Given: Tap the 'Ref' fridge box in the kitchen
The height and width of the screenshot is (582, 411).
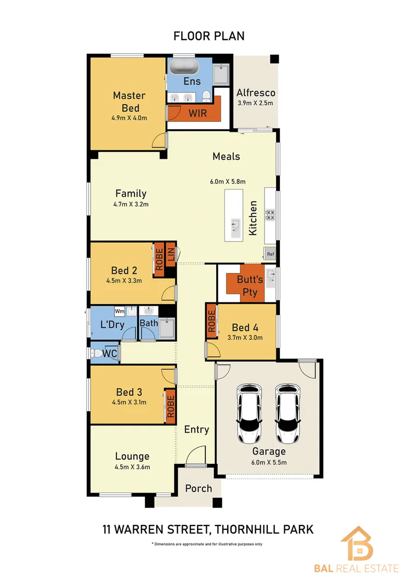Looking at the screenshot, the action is (270, 254).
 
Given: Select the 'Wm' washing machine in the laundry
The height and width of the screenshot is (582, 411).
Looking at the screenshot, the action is (120, 311).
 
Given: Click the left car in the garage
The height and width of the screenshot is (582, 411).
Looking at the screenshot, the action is (249, 414).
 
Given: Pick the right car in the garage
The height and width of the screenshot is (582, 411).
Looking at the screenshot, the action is (288, 414).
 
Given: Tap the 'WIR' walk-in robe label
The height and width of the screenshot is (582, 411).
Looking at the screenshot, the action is (198, 113).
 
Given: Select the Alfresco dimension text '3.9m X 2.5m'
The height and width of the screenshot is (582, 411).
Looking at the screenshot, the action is (255, 103).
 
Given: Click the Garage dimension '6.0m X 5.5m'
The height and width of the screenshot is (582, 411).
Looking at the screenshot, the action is (269, 462).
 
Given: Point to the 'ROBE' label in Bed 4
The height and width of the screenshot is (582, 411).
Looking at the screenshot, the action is (212, 321).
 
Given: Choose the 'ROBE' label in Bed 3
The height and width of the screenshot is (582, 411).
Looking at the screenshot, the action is (170, 406).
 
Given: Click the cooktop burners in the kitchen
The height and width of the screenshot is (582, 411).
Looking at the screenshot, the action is (269, 215).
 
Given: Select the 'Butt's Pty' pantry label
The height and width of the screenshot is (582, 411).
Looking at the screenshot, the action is (250, 286).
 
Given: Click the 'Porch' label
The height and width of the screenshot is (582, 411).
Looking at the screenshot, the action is (199, 489).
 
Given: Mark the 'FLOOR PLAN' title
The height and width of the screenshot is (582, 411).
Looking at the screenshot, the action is (209, 36).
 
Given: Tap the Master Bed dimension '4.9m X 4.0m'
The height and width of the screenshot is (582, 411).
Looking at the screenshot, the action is (129, 118).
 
